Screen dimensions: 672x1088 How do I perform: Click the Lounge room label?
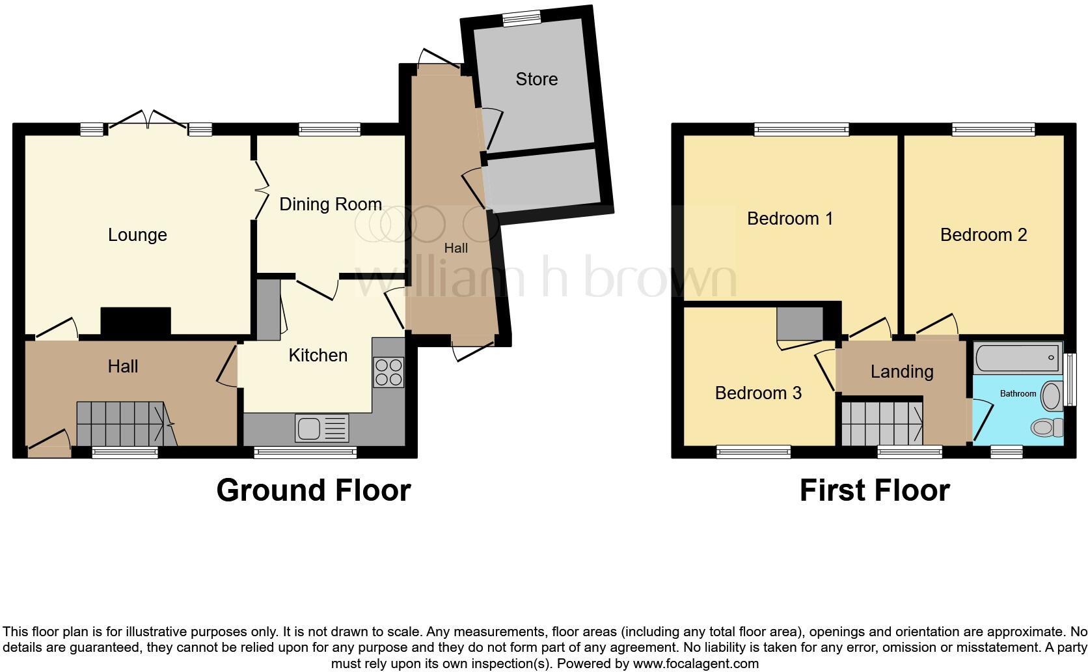click(x=137, y=235)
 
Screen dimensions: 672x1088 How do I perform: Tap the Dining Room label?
click(x=330, y=204)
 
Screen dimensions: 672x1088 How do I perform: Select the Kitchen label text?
click(x=318, y=356)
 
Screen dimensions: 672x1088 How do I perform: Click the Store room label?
click(x=536, y=79)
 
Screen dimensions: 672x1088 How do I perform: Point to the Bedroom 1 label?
click(x=789, y=219)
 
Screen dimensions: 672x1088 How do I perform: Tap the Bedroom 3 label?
click(x=757, y=393)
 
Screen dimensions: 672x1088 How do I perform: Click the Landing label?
click(x=901, y=372)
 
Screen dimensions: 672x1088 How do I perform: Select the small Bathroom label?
click(x=1017, y=394)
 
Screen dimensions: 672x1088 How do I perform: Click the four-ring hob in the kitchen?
click(x=388, y=372)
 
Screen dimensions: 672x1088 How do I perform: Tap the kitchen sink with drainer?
click(x=322, y=428)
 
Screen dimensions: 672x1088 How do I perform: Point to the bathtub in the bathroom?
click(x=1018, y=358)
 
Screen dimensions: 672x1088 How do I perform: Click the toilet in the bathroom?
click(x=1046, y=428)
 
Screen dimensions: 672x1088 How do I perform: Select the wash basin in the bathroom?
click(x=1051, y=395)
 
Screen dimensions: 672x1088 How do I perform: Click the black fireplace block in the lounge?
click(x=135, y=321)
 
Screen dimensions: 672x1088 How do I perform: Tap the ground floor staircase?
click(x=124, y=424)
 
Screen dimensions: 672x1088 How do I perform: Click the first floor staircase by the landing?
click(x=882, y=424)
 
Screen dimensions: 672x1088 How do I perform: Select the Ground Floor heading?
click(x=313, y=490)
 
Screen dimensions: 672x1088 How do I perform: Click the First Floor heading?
click(x=874, y=490)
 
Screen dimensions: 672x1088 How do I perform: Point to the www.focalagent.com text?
click(x=696, y=664)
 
